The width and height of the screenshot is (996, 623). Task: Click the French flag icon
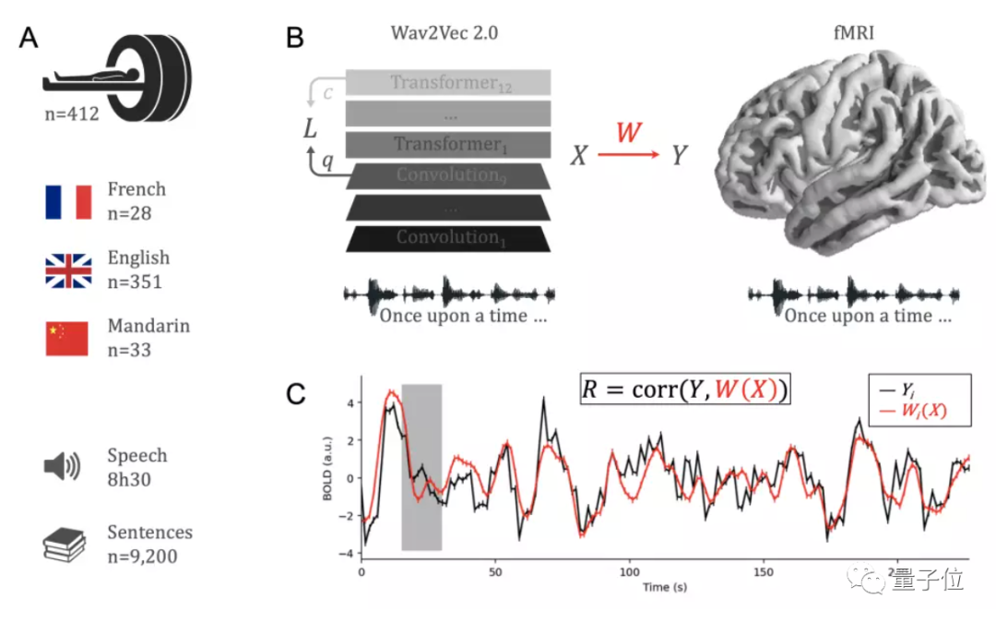point(68,201)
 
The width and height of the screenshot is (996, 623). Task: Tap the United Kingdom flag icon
point(68,270)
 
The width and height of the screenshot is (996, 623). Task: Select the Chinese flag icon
point(68,339)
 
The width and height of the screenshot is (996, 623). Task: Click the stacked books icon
point(65,544)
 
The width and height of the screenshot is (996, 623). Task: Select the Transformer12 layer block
point(448,82)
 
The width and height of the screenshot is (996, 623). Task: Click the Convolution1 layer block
point(448,237)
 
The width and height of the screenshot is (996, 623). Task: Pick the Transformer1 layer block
point(448,144)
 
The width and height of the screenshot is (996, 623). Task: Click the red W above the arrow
point(628,132)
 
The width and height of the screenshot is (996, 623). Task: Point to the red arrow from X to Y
point(628,156)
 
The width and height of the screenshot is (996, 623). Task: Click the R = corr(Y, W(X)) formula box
point(685,390)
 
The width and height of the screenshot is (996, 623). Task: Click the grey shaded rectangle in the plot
point(421,467)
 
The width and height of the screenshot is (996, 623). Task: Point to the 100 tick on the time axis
point(630,572)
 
